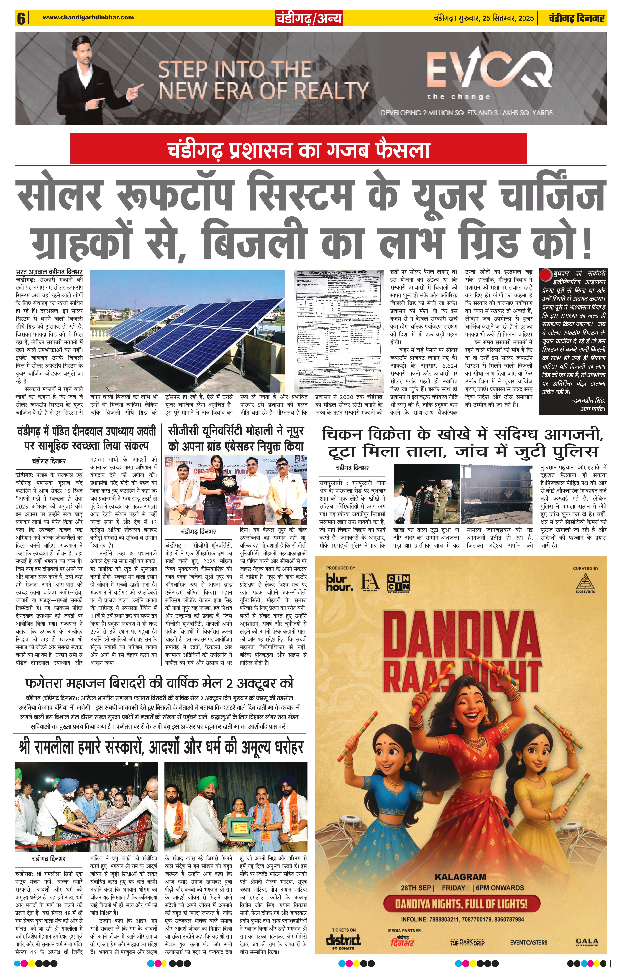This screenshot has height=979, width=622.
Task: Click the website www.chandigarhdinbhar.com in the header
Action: click(88, 18)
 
